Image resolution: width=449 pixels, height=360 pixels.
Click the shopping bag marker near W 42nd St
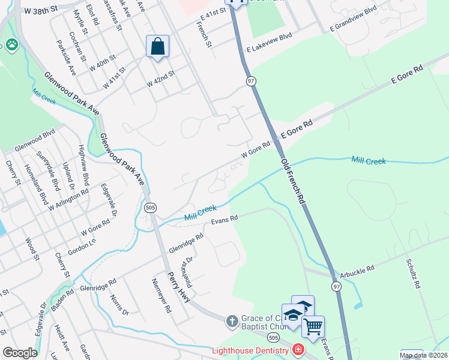click(157, 47)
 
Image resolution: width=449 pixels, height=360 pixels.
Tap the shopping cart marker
click(313, 327)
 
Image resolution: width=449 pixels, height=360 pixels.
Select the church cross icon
click(232, 322)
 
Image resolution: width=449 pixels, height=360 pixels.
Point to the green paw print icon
click(11, 44)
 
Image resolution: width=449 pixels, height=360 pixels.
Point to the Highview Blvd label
click(84, 164)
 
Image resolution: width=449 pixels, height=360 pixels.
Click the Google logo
click(20, 353)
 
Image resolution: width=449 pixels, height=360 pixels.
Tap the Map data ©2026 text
click(424, 355)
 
